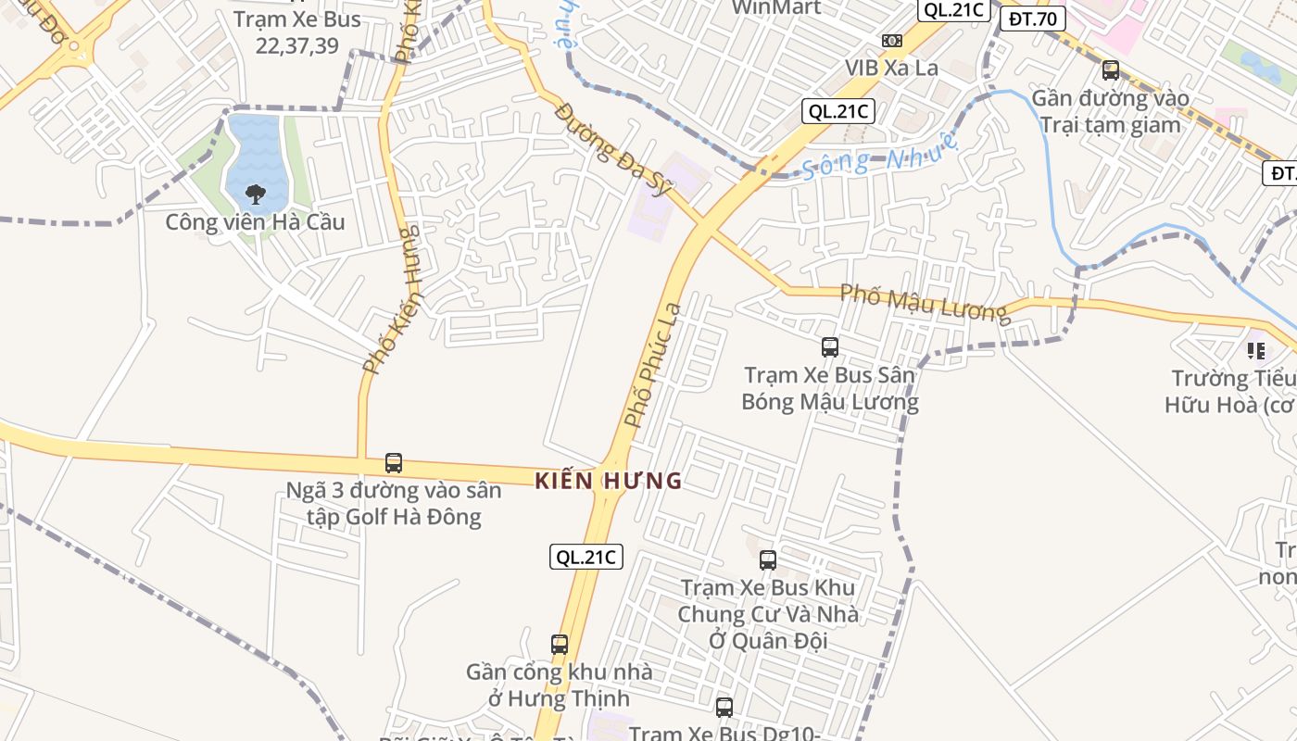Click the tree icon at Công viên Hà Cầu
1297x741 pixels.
(x=255, y=195)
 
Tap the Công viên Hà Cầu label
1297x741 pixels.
(x=255, y=222)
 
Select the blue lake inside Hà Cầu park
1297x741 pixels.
(x=253, y=148)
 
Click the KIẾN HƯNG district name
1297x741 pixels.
(x=609, y=481)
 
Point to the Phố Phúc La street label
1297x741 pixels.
(x=653, y=365)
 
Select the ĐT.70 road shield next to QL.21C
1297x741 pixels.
(x=1033, y=18)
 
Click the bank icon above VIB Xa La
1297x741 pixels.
(x=892, y=41)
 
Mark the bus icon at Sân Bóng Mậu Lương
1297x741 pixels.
(x=830, y=347)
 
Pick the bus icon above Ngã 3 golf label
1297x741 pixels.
(x=394, y=462)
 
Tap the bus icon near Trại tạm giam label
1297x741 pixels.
(x=1110, y=70)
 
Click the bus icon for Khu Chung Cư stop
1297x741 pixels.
(x=768, y=559)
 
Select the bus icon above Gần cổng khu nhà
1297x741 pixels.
(x=560, y=644)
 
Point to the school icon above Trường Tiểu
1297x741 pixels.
(x=1256, y=351)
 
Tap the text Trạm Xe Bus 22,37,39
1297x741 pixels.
(x=297, y=32)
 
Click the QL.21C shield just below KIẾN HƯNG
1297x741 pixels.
(x=586, y=557)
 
